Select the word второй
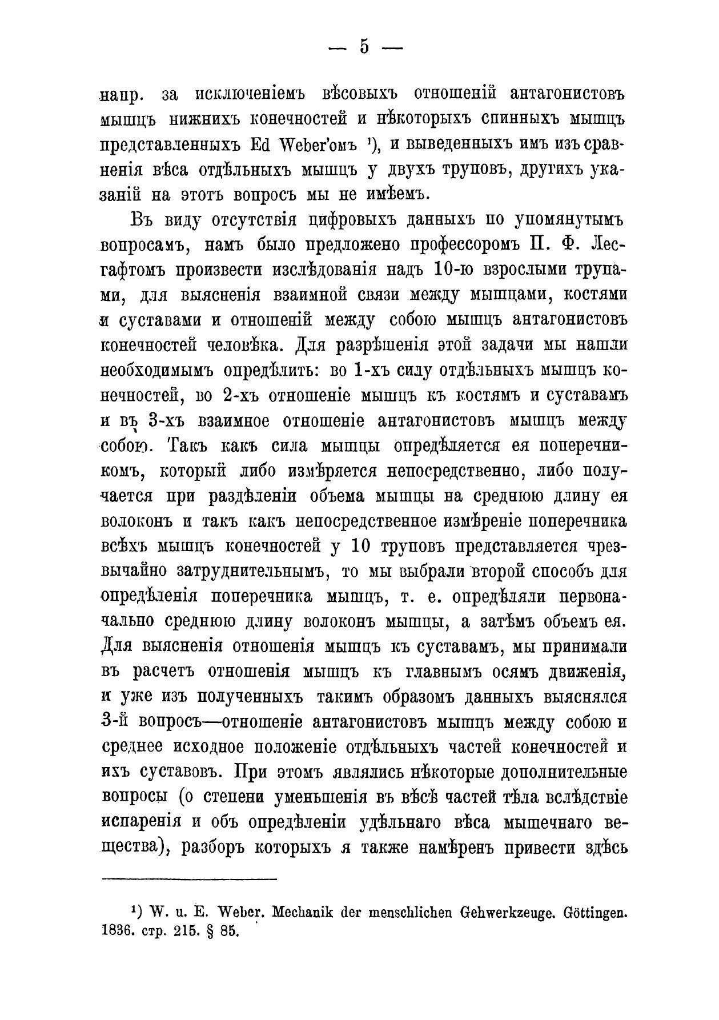503,571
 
